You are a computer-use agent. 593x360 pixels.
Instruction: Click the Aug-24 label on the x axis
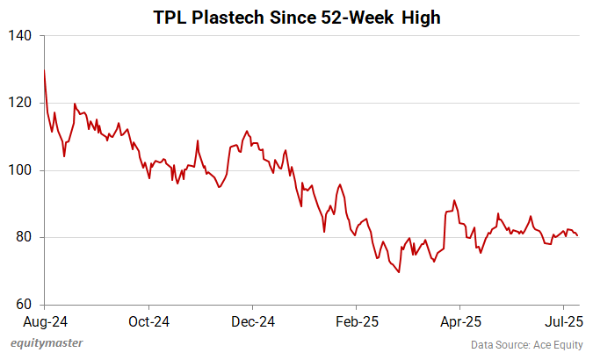pos(44,320)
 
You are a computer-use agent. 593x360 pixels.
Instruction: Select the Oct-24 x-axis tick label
pos(148,320)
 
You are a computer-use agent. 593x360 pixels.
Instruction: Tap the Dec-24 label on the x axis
pos(252,320)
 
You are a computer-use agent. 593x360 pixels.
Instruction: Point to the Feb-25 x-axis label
pos(356,320)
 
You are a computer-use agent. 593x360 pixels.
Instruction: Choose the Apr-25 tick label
pos(459,320)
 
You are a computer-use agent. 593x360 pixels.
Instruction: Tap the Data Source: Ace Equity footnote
pos(524,344)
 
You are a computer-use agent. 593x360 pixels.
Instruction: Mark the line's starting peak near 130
pos(44,70)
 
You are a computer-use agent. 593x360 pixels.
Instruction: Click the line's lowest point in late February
pos(399,272)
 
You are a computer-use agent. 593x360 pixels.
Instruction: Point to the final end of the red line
pos(577,235)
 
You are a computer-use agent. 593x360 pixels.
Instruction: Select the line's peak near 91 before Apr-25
pos(454,200)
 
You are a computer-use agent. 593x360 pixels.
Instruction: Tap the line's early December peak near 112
pos(246,130)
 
